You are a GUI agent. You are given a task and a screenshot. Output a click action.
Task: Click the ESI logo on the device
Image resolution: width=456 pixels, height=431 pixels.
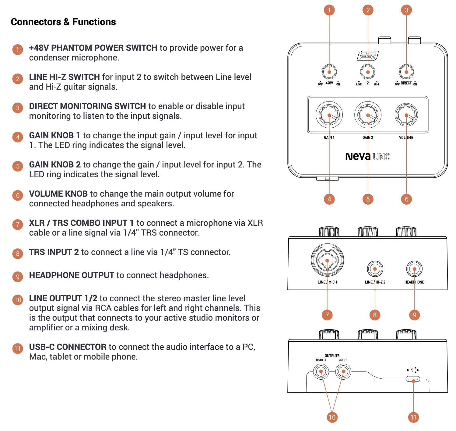pyautogui.click(x=367, y=56)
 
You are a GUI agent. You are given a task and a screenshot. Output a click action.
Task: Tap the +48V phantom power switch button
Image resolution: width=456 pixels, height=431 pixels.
pyautogui.click(x=329, y=72)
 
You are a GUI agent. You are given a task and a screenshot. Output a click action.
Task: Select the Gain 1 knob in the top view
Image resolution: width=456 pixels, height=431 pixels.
pyautogui.click(x=329, y=115)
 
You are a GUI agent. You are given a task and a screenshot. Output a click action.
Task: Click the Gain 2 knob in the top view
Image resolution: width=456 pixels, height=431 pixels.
pyautogui.click(x=368, y=115)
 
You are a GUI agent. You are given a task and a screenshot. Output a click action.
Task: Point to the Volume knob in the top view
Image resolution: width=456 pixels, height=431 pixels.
pyautogui.click(x=406, y=115)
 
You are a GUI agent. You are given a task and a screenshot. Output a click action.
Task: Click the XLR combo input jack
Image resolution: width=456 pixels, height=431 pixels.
pyautogui.click(x=327, y=260)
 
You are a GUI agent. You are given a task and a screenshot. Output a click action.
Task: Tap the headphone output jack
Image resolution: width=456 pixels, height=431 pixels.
pyautogui.click(x=414, y=269)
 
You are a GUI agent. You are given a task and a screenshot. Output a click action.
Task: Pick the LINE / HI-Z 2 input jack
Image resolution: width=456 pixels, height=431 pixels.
pyautogui.click(x=375, y=269)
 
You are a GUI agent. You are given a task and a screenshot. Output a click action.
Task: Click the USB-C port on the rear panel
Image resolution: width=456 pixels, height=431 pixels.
pyautogui.click(x=413, y=379)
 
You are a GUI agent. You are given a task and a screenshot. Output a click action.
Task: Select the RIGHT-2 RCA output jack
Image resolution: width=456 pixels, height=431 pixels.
pyautogui.click(x=321, y=371)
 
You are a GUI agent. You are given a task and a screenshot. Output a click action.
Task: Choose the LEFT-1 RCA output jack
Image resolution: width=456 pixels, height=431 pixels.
pyautogui.click(x=343, y=371)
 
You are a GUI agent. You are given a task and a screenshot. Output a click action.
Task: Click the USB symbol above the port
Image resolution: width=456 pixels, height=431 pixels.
pyautogui.click(x=413, y=370)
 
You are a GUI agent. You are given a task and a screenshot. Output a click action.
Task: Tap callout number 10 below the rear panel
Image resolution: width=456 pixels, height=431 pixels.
pyautogui.click(x=332, y=417)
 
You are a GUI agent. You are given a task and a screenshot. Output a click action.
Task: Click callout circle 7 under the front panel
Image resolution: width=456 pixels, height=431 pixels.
pyautogui.click(x=327, y=315)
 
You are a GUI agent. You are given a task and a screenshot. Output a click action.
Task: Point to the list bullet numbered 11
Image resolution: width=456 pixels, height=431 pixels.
pyautogui.click(x=18, y=348)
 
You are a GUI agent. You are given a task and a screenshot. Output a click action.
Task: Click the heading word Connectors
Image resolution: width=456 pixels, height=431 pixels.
pyautogui.click(x=36, y=22)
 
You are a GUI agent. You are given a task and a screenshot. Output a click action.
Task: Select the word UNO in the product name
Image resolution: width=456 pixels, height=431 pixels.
pyautogui.click(x=381, y=157)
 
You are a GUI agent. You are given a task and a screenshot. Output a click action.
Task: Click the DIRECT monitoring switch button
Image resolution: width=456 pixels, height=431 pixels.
pyautogui.click(x=406, y=72)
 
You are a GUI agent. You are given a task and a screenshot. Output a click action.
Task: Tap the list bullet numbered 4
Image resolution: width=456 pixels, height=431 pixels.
pyautogui.click(x=18, y=137)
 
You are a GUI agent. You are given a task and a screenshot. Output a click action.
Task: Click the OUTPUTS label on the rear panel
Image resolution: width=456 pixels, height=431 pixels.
pyautogui.click(x=332, y=356)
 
